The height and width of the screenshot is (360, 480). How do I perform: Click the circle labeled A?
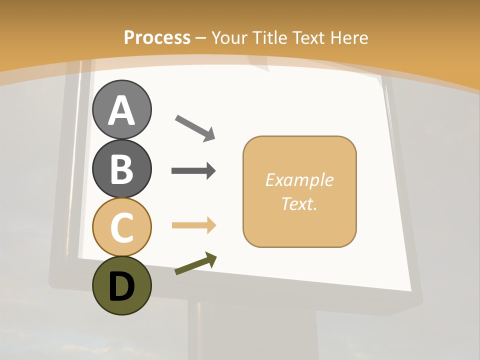tap(122, 109)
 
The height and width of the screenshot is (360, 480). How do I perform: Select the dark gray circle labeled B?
tap(122, 168)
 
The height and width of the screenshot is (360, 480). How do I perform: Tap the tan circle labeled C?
tap(122, 227)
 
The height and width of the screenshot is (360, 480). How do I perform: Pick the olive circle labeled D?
tap(122, 285)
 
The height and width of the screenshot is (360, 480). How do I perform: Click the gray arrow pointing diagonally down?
tap(194, 127)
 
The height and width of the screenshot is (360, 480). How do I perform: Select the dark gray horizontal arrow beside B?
tap(193, 171)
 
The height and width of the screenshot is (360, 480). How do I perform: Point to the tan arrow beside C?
tap(193, 225)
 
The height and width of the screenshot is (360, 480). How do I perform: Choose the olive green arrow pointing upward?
tap(195, 264)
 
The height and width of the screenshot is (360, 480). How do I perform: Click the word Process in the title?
tap(157, 37)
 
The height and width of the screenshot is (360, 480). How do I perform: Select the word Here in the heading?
tap(349, 37)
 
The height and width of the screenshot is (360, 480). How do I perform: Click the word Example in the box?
tap(299, 180)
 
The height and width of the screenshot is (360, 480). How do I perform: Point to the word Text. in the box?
tap(299, 203)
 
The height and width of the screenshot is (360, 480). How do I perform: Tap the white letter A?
tap(122, 110)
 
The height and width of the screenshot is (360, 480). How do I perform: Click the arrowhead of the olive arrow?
tap(211, 259)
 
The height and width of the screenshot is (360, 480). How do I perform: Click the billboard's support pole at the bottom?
tap(200, 330)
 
